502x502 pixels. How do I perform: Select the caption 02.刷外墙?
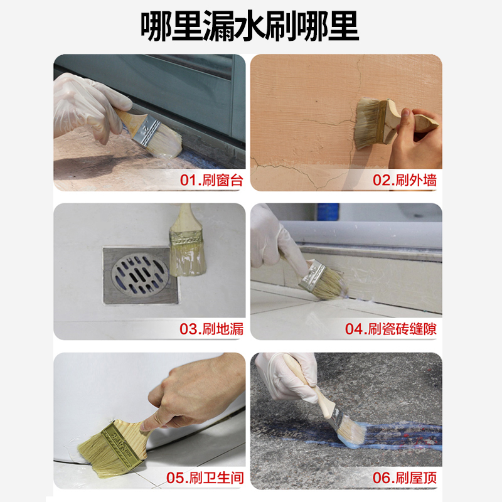click(405, 181)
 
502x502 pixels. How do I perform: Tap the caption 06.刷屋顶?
click(405, 478)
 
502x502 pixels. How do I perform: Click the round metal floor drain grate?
click(141, 274)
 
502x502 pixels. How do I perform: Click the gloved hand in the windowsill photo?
click(88, 107)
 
